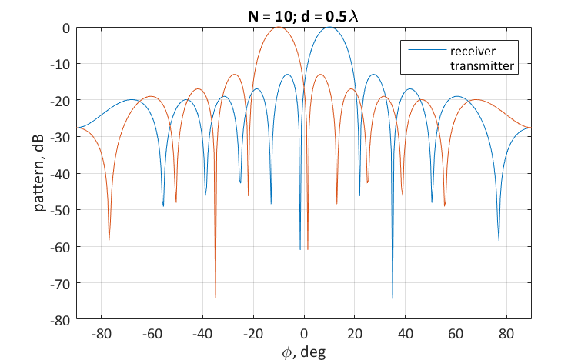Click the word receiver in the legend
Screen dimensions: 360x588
click(473, 51)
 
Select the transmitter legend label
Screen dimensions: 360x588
click(481, 66)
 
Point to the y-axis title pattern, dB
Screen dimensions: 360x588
click(38, 173)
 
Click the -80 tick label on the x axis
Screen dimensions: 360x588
click(101, 333)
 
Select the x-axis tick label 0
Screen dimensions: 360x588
click(304, 333)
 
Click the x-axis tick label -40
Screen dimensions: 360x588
click(202, 333)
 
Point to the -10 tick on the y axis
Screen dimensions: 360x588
click(60, 64)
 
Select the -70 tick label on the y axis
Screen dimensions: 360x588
click(60, 283)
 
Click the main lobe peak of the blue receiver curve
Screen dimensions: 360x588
click(329, 28)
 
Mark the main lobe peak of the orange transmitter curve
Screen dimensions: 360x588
click(279, 28)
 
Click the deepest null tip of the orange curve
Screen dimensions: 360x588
click(215, 297)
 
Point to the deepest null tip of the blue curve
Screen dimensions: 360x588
click(393, 297)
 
